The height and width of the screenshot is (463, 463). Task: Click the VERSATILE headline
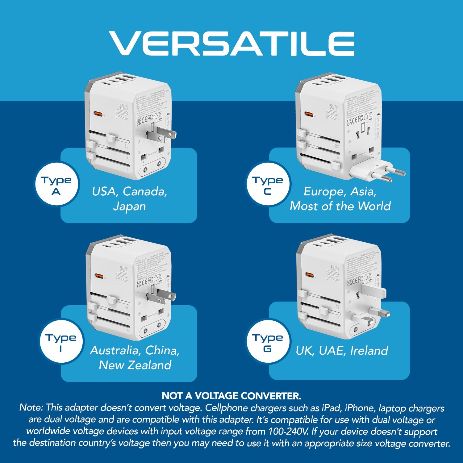click(231, 44)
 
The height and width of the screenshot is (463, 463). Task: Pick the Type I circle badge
click(61, 342)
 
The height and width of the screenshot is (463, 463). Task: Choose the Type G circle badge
click(268, 342)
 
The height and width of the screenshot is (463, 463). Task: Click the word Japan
click(129, 206)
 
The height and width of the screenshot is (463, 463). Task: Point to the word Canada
click(145, 192)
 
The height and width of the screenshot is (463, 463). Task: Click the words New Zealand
click(135, 365)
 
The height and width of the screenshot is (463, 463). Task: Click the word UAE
click(332, 351)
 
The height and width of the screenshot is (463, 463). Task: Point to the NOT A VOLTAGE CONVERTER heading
click(231, 396)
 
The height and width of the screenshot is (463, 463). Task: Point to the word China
click(162, 351)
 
